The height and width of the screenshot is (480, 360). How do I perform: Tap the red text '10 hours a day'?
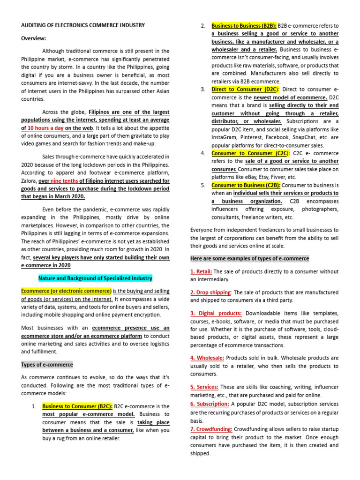(x=45, y=128)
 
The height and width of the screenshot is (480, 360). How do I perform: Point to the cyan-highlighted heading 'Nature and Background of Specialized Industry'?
(x=95, y=278)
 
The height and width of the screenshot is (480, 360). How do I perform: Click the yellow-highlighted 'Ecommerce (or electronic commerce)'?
(x=66, y=291)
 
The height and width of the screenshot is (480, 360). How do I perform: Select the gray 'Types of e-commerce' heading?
(x=47, y=364)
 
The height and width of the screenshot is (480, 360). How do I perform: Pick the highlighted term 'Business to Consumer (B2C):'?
(x=77, y=406)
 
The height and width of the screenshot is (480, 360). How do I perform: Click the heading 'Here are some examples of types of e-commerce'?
(x=249, y=258)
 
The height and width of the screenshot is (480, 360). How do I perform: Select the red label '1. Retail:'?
(x=202, y=271)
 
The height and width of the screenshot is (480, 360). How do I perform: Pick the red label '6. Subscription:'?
(x=210, y=404)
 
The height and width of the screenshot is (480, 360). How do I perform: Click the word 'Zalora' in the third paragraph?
(x=30, y=180)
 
